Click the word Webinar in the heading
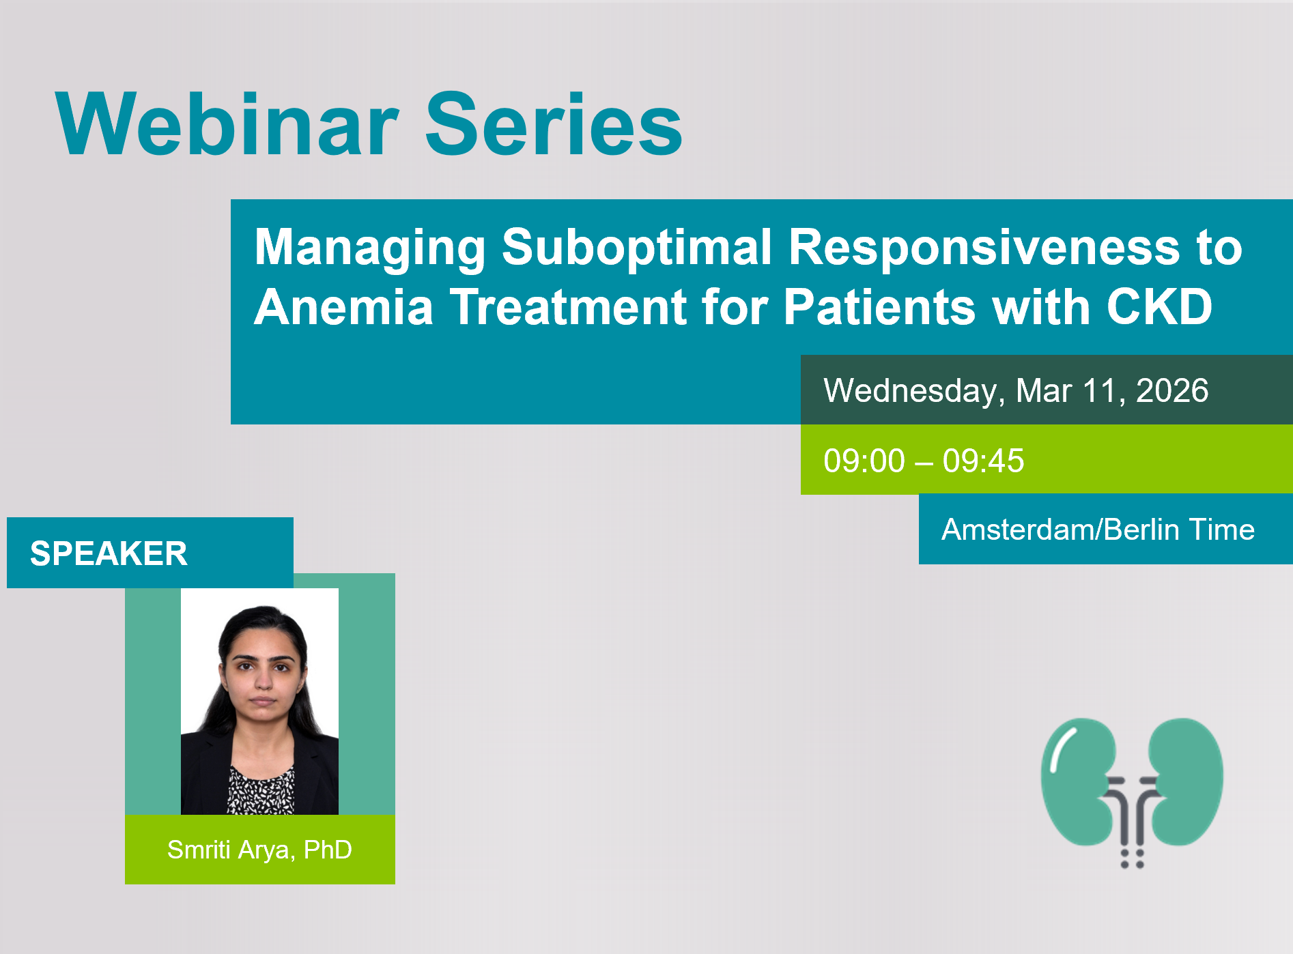tap(227, 124)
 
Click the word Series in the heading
tap(554, 124)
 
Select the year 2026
tap(1172, 391)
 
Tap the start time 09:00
tap(864, 461)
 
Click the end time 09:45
tap(983, 461)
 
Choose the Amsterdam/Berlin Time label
tap(1098, 530)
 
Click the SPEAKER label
tap(109, 553)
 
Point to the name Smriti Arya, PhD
tap(259, 850)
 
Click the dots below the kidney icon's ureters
tap(1132, 858)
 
